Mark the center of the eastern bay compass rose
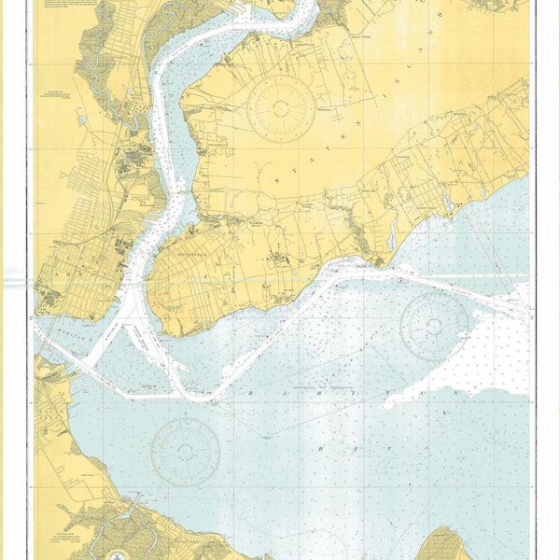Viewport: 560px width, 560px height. click(434, 325)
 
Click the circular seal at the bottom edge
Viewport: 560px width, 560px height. click(119, 554)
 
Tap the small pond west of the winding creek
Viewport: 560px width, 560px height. click(82, 119)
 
